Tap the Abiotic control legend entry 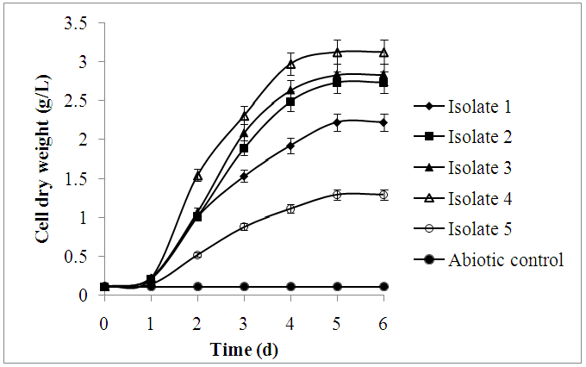(x=504, y=260)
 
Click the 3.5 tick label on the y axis (x=78, y=22)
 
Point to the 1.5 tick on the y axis (x=78, y=178)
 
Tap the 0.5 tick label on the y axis (x=78, y=256)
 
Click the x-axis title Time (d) (x=244, y=351)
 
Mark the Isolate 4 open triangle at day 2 (x=197, y=176)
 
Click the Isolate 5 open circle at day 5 (x=337, y=195)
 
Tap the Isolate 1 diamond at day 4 (x=290, y=146)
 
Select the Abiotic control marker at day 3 (x=244, y=286)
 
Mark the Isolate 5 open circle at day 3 (x=244, y=227)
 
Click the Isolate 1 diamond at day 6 (x=383, y=122)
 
